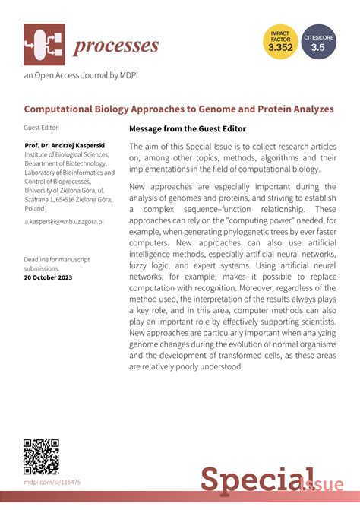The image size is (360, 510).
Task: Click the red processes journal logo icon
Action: pos(44,45)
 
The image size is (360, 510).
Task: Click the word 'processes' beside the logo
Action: pos(116,46)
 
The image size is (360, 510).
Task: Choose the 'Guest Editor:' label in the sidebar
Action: pos(41,128)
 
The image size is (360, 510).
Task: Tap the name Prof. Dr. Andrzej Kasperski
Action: pos(66,144)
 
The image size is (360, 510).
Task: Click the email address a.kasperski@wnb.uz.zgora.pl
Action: pos(64,221)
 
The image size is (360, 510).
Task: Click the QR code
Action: pos(41,457)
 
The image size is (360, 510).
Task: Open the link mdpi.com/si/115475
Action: pos(52,482)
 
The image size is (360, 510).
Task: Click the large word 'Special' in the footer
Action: pos(247,480)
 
